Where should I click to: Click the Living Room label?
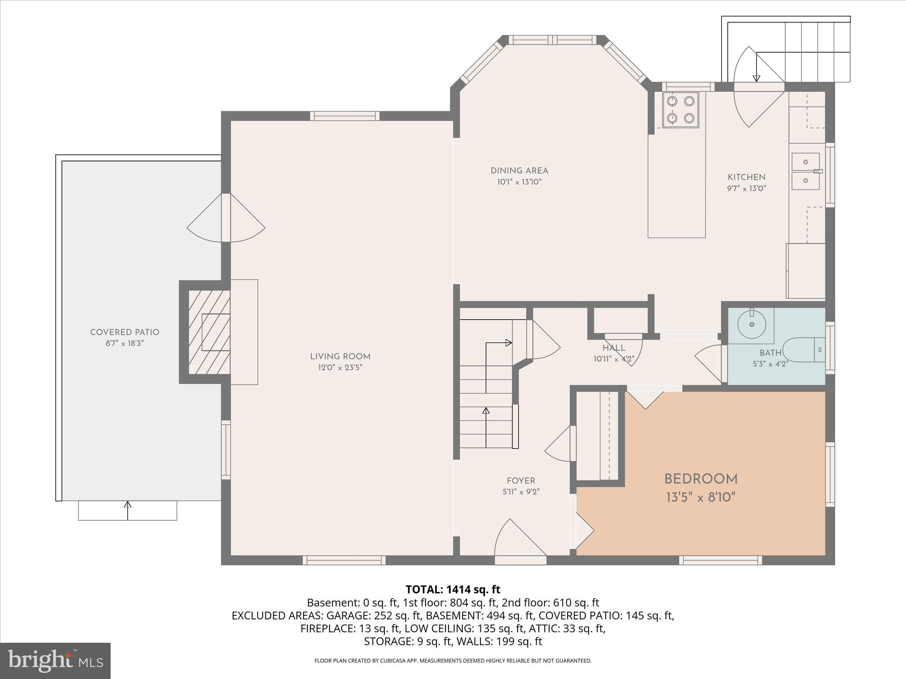(340, 356)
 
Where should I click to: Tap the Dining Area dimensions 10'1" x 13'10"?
(519, 182)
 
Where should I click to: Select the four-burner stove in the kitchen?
(680, 110)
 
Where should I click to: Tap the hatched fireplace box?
(209, 332)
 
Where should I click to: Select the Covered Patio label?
(125, 332)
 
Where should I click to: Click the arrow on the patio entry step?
(128, 510)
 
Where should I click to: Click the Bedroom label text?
(701, 479)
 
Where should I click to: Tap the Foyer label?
(521, 481)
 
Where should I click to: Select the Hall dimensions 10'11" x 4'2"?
(614, 359)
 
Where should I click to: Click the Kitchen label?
(747, 177)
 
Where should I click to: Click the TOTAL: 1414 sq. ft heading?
(453, 589)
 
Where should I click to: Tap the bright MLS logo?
(55, 661)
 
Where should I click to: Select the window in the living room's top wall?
(345, 116)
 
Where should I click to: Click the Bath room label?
(771, 353)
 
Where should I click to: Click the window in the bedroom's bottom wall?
(721, 561)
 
